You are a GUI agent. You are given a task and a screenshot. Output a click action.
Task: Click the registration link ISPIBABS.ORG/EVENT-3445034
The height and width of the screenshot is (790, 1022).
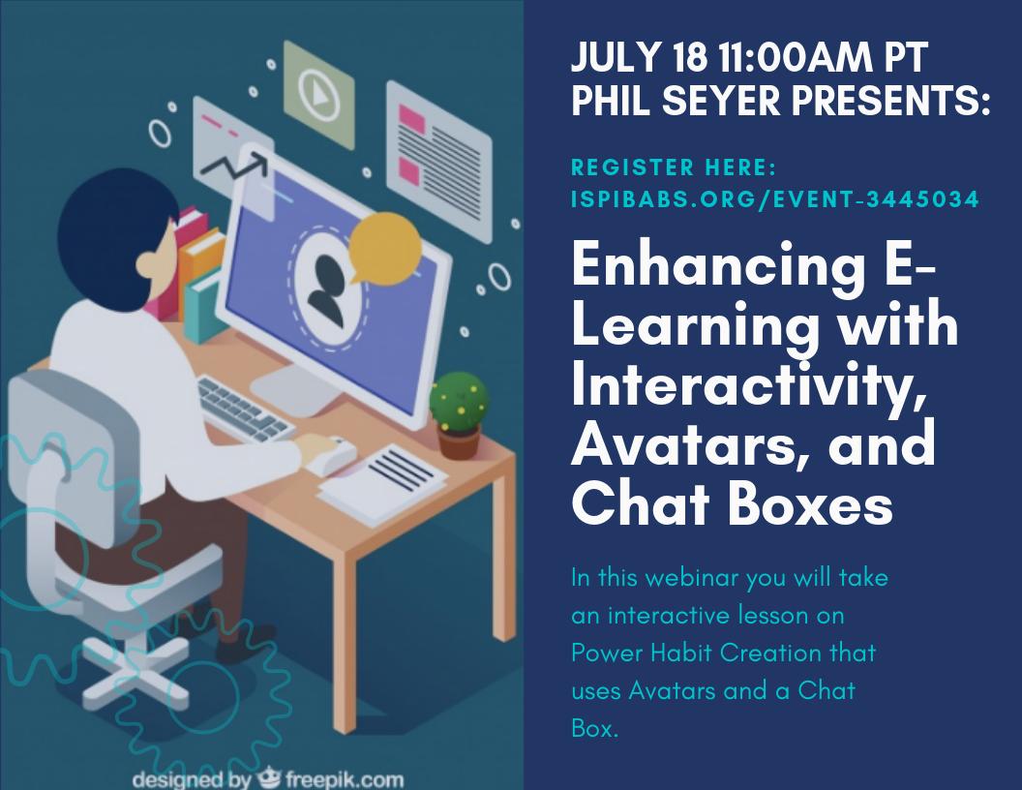[x=775, y=199]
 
